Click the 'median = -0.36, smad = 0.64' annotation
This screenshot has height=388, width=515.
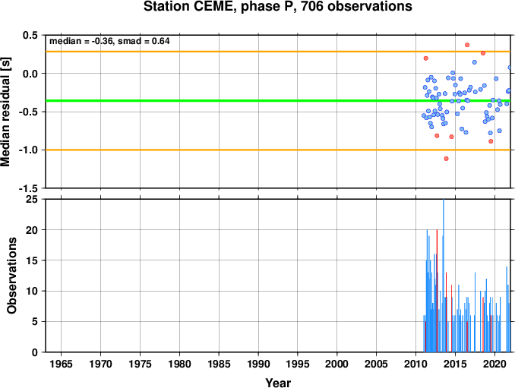(109, 41)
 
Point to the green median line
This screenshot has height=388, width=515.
(278, 100)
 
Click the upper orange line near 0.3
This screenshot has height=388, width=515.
(278, 52)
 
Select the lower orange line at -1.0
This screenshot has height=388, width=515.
(278, 150)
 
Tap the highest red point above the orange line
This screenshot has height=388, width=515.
(467, 45)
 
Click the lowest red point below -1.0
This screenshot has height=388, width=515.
(446, 159)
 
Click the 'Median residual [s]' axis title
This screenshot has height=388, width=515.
(5, 112)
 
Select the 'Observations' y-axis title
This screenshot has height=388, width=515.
(12, 276)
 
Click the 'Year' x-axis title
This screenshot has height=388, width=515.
(278, 383)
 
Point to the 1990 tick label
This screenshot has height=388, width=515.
(258, 364)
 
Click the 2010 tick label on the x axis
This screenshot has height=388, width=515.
(415, 364)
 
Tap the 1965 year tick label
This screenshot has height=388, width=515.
(61, 364)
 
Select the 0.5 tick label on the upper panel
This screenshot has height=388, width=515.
(30, 35)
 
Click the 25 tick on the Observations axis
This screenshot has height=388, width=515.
(32, 199)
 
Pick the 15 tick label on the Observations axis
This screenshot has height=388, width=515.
(32, 260)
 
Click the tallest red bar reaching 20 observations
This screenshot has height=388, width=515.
(437, 291)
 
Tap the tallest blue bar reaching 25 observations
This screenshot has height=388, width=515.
(444, 276)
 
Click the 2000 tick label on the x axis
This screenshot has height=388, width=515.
(337, 364)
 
